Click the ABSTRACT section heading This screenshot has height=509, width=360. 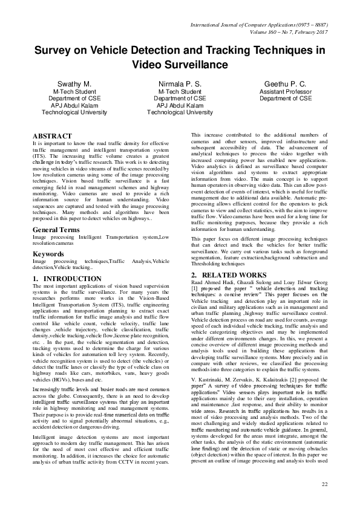53,136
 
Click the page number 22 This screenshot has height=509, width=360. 324,485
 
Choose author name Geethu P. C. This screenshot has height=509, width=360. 286,83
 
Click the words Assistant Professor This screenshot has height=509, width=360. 286,91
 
